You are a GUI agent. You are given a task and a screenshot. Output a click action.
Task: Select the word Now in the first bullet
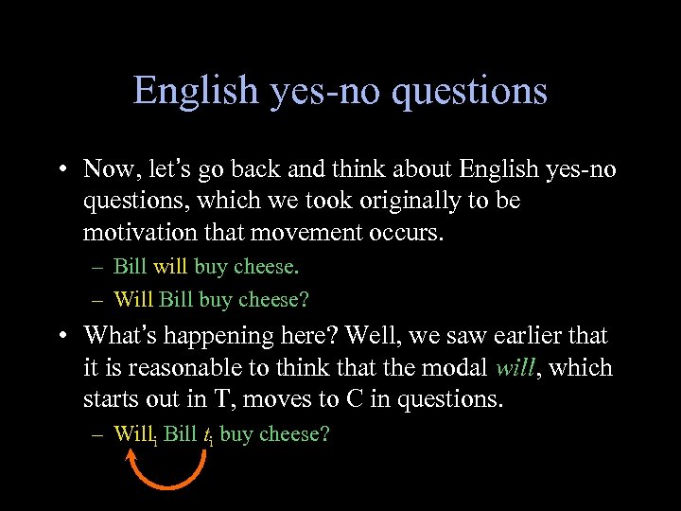pyautogui.click(x=109, y=169)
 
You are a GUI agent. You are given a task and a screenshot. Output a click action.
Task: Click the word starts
pyautogui.click(x=111, y=398)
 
